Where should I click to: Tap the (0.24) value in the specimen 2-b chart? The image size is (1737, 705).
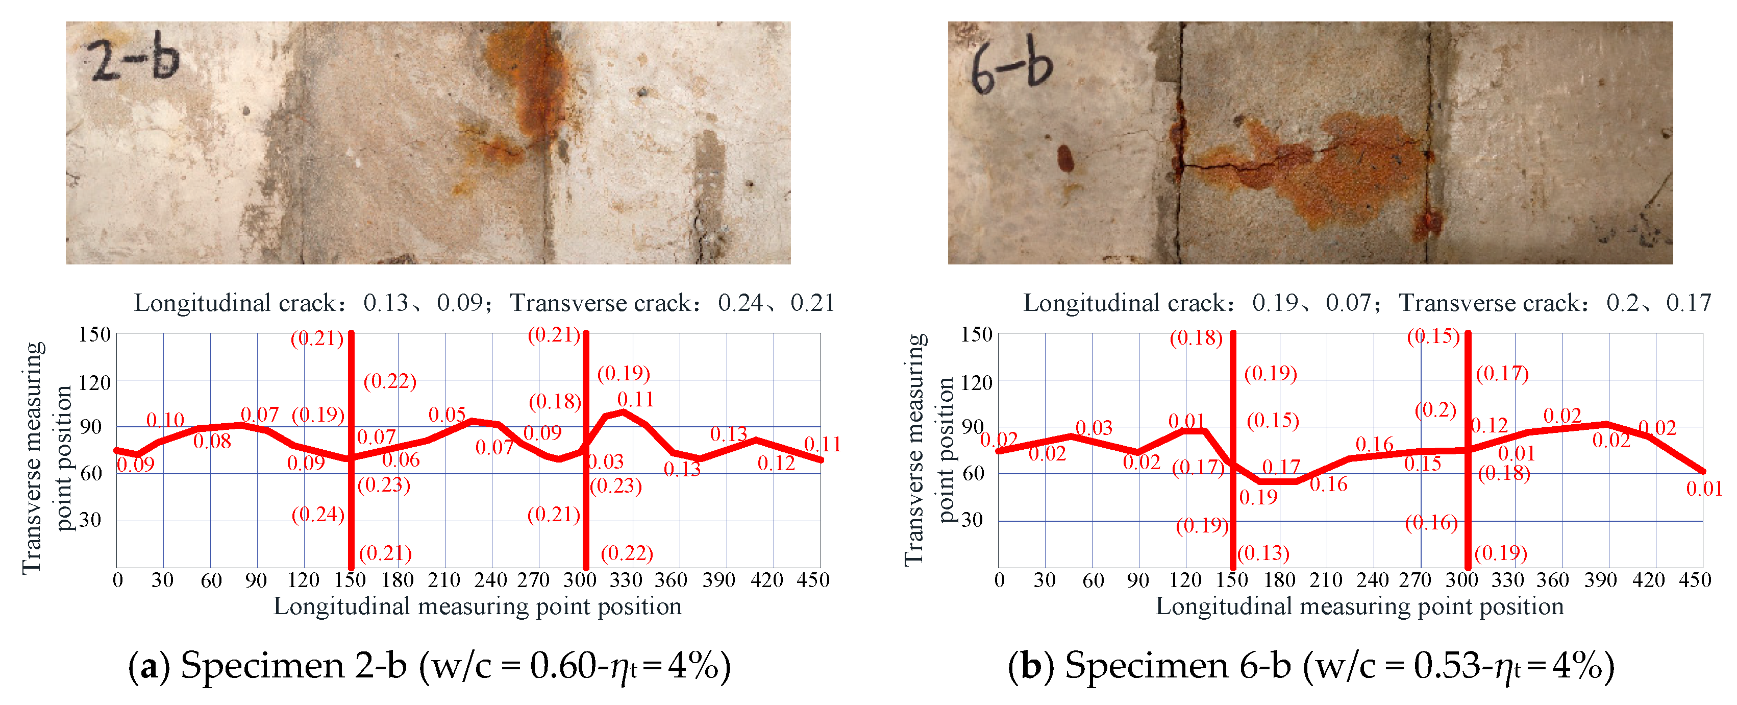coord(317,515)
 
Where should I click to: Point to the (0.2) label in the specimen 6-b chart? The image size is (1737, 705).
coord(1435,410)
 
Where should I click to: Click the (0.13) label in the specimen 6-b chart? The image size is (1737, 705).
coord(1263,553)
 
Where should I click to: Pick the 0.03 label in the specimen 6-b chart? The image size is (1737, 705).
coord(1094,428)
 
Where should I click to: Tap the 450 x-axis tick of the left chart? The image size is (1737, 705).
coord(812,580)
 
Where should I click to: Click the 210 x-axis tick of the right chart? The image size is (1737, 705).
coord(1326,580)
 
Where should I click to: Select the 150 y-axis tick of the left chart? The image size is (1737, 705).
coord(94,334)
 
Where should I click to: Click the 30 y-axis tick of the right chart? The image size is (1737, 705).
coord(972,520)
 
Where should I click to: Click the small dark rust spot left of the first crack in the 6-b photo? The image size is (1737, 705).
coord(1065,159)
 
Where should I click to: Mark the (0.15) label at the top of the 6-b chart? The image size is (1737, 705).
coord(1432,336)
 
